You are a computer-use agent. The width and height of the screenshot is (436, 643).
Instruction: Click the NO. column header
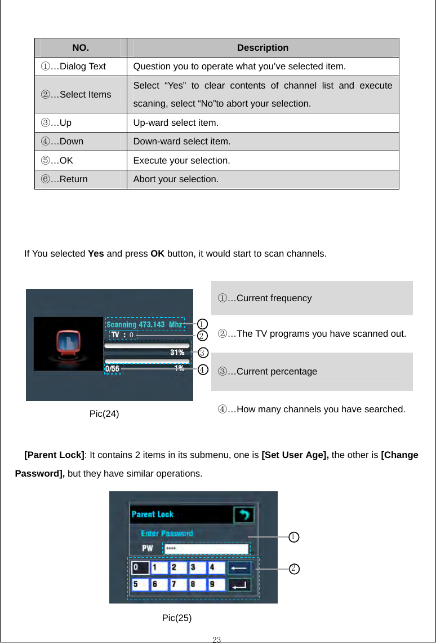click(81, 48)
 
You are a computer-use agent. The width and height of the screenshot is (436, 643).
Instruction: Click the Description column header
click(263, 48)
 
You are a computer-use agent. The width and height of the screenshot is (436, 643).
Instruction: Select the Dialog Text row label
click(73, 67)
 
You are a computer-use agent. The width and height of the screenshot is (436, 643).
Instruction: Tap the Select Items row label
click(75, 94)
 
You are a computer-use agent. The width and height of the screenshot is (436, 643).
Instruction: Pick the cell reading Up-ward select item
click(176, 122)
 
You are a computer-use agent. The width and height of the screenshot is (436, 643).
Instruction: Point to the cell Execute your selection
click(181, 160)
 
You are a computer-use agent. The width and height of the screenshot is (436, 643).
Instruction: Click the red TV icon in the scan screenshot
click(68, 344)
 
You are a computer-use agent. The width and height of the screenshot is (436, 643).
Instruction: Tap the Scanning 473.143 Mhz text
click(144, 324)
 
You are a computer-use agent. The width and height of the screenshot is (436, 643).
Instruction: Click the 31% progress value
click(177, 352)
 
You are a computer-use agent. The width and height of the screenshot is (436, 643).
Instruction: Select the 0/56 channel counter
click(113, 369)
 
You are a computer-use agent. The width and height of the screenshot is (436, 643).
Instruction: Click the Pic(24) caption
click(104, 414)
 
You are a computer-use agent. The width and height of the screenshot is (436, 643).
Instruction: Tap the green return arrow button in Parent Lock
click(243, 514)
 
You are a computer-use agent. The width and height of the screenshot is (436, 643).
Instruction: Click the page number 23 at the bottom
click(217, 639)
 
